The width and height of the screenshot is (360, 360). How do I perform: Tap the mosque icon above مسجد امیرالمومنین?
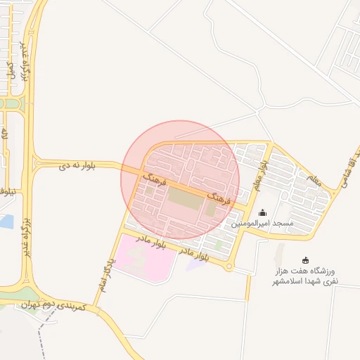click(263, 213)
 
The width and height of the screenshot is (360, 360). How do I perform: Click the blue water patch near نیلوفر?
click(6, 221)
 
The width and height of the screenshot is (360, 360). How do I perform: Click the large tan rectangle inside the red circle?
click(184, 200)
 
